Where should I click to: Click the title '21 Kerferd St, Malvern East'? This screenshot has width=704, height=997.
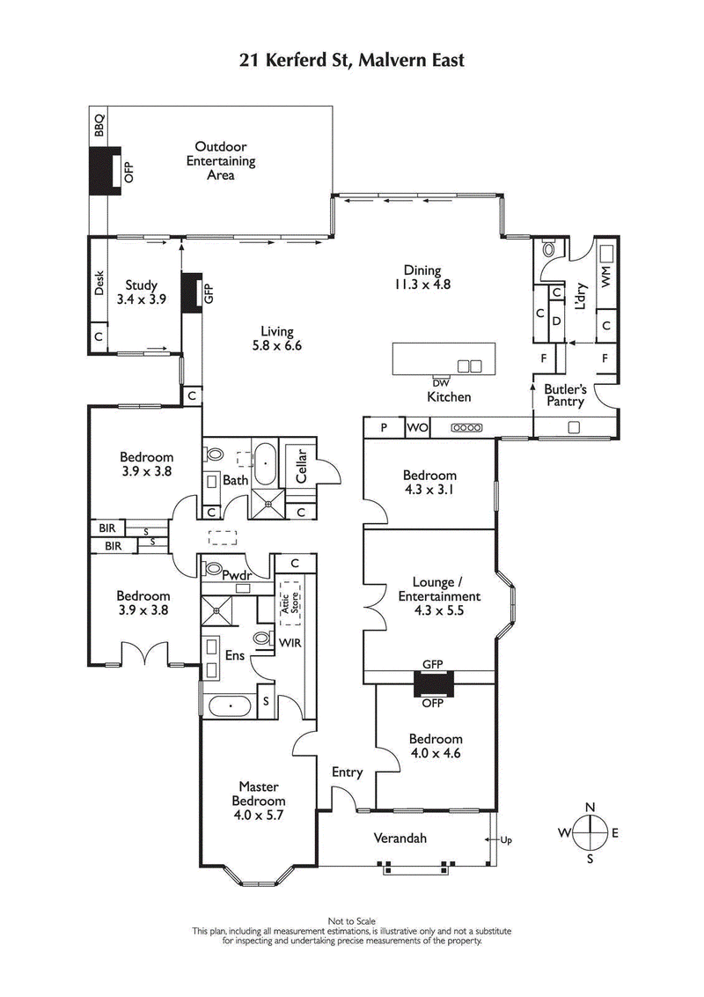click(x=352, y=60)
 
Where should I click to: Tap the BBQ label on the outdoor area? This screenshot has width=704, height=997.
click(x=99, y=124)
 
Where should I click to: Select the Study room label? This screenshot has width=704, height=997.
click(x=141, y=292)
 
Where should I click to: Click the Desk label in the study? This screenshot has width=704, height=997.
click(x=99, y=283)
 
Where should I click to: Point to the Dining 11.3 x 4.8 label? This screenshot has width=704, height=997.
click(x=422, y=277)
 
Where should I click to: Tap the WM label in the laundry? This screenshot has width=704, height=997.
click(x=605, y=276)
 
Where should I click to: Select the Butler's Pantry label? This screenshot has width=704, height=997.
click(x=564, y=395)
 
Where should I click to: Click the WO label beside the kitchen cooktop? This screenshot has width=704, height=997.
click(x=417, y=428)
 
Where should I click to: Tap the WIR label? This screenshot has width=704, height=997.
click(x=290, y=643)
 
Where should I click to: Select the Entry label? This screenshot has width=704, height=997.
click(x=347, y=772)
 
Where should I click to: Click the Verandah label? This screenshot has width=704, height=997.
click(x=400, y=838)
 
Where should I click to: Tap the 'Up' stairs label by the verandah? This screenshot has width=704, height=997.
click(x=505, y=839)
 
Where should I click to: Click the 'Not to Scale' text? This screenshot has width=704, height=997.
click(x=352, y=920)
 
